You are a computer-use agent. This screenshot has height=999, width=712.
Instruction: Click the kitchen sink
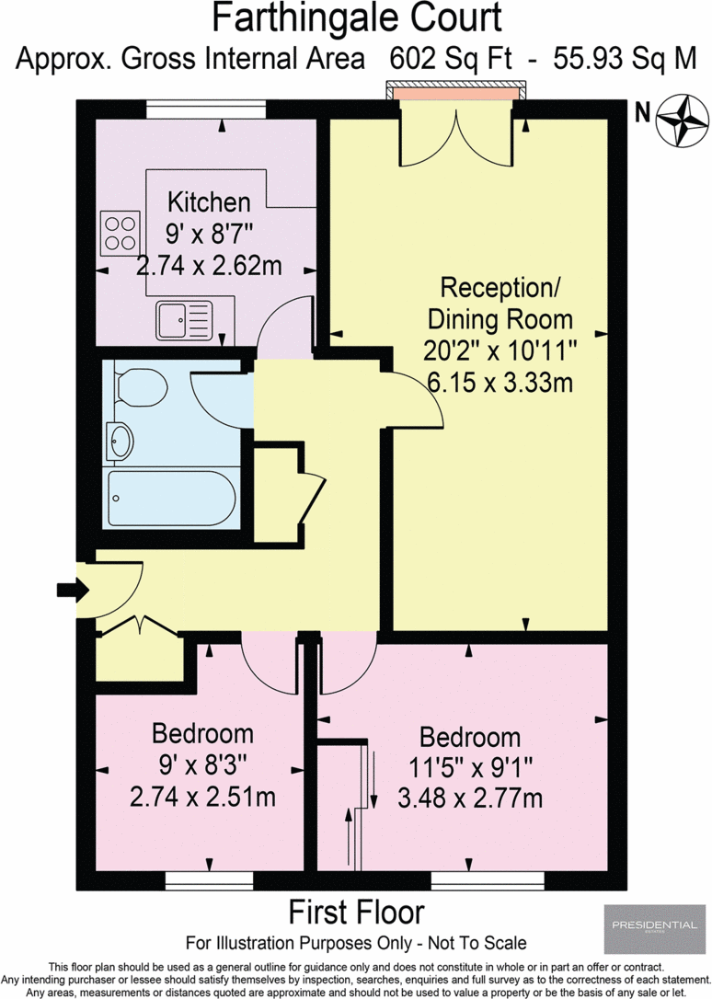click(184, 320)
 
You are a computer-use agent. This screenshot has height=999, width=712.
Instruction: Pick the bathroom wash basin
click(120, 442)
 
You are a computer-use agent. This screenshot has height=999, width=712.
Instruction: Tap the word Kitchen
click(208, 202)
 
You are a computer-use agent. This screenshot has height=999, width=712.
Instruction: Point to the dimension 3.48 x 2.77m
click(470, 798)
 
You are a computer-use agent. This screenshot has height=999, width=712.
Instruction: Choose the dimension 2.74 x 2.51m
click(202, 796)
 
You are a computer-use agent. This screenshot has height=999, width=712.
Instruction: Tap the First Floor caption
click(357, 913)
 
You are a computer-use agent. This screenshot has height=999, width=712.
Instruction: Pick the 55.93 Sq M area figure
click(625, 59)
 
